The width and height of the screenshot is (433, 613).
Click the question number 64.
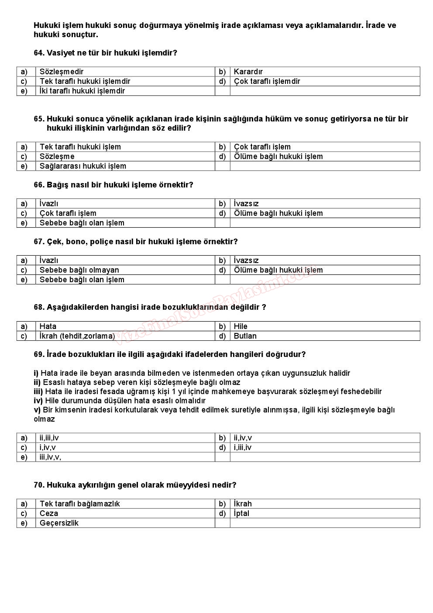click(x=39, y=53)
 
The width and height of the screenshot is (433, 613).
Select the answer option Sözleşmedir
click(x=61, y=72)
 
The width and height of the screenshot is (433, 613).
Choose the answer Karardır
click(x=248, y=72)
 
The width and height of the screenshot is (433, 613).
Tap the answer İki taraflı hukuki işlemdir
click(x=82, y=91)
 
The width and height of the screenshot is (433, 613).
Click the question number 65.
click(x=39, y=119)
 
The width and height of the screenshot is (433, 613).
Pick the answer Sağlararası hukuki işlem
click(x=82, y=166)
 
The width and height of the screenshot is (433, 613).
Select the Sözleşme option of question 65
click(x=57, y=156)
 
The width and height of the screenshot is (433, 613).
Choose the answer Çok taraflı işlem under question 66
click(x=68, y=213)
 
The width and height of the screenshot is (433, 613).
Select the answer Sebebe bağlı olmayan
click(x=79, y=270)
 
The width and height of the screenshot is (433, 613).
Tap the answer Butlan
click(x=245, y=336)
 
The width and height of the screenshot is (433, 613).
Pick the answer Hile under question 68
click(x=241, y=326)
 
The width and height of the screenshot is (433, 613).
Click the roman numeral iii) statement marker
click(x=38, y=391)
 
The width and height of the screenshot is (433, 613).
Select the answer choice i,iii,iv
click(x=242, y=447)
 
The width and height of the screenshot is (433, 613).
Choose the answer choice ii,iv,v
click(x=243, y=438)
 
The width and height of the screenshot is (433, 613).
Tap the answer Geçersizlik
click(x=59, y=523)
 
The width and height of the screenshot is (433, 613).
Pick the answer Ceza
click(x=48, y=513)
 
